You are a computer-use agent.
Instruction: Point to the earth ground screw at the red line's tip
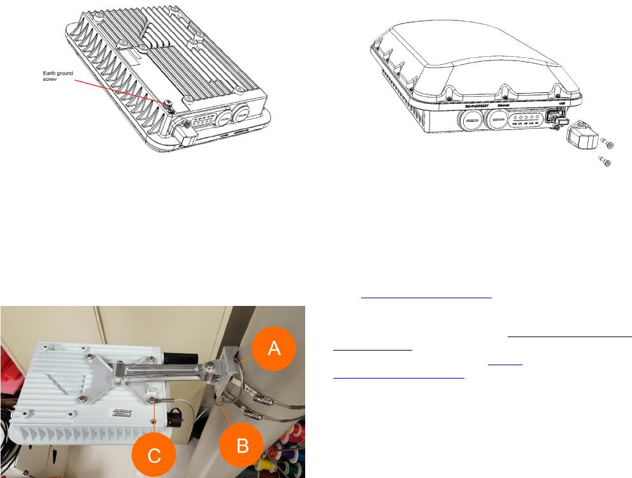(x=168, y=103)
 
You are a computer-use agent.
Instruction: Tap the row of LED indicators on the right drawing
(x=526, y=119)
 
